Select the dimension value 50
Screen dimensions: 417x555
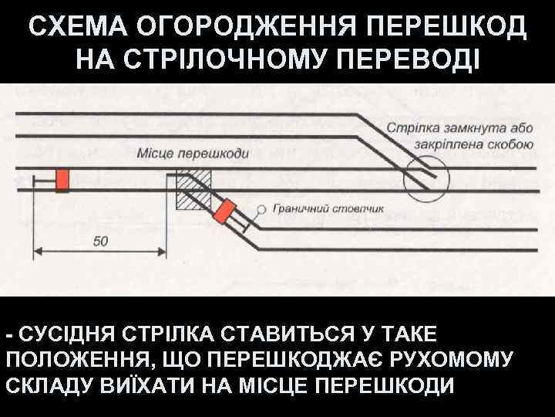(x=101, y=241)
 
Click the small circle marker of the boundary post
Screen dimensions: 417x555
(x=262, y=208)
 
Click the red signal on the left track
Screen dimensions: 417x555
(x=62, y=179)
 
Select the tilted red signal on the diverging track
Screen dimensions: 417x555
(x=227, y=212)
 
